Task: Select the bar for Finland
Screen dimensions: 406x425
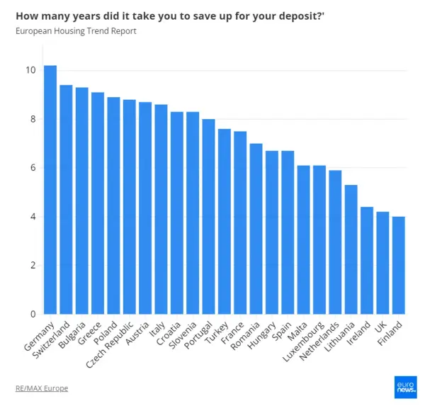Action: [x=399, y=265]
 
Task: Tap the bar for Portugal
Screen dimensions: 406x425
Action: [x=208, y=217]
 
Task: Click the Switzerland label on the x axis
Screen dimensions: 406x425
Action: [x=55, y=338]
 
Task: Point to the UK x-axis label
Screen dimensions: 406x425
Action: [x=381, y=326]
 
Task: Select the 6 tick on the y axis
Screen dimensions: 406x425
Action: [x=32, y=168]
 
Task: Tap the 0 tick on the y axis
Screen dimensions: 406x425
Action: [x=32, y=314]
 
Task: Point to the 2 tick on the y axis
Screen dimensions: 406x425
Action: [x=32, y=266]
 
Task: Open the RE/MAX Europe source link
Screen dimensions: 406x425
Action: [x=41, y=388]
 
